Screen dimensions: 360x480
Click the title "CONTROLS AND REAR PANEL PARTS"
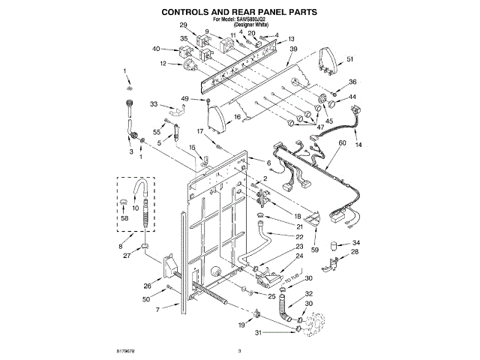[240, 12]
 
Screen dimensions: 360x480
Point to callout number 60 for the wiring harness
[343, 142]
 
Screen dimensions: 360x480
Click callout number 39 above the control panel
[293, 49]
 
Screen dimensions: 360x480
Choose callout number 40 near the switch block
[156, 49]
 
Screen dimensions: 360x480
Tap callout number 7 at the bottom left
[157, 309]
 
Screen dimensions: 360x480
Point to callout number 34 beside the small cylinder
[356, 243]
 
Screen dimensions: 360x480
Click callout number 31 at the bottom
[259, 333]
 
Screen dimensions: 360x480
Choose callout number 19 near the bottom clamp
[241, 325]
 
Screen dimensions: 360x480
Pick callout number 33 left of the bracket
[154, 104]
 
